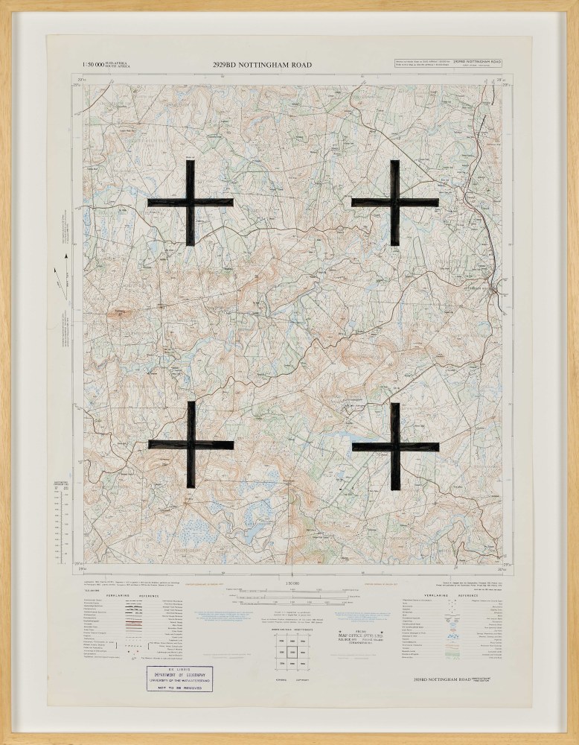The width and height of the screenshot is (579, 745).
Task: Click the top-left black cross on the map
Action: tap(191, 203)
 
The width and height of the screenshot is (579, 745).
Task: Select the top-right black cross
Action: tap(394, 202)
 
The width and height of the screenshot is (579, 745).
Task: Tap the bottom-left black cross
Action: tap(191, 445)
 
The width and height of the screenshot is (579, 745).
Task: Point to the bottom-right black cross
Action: tap(395, 446)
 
